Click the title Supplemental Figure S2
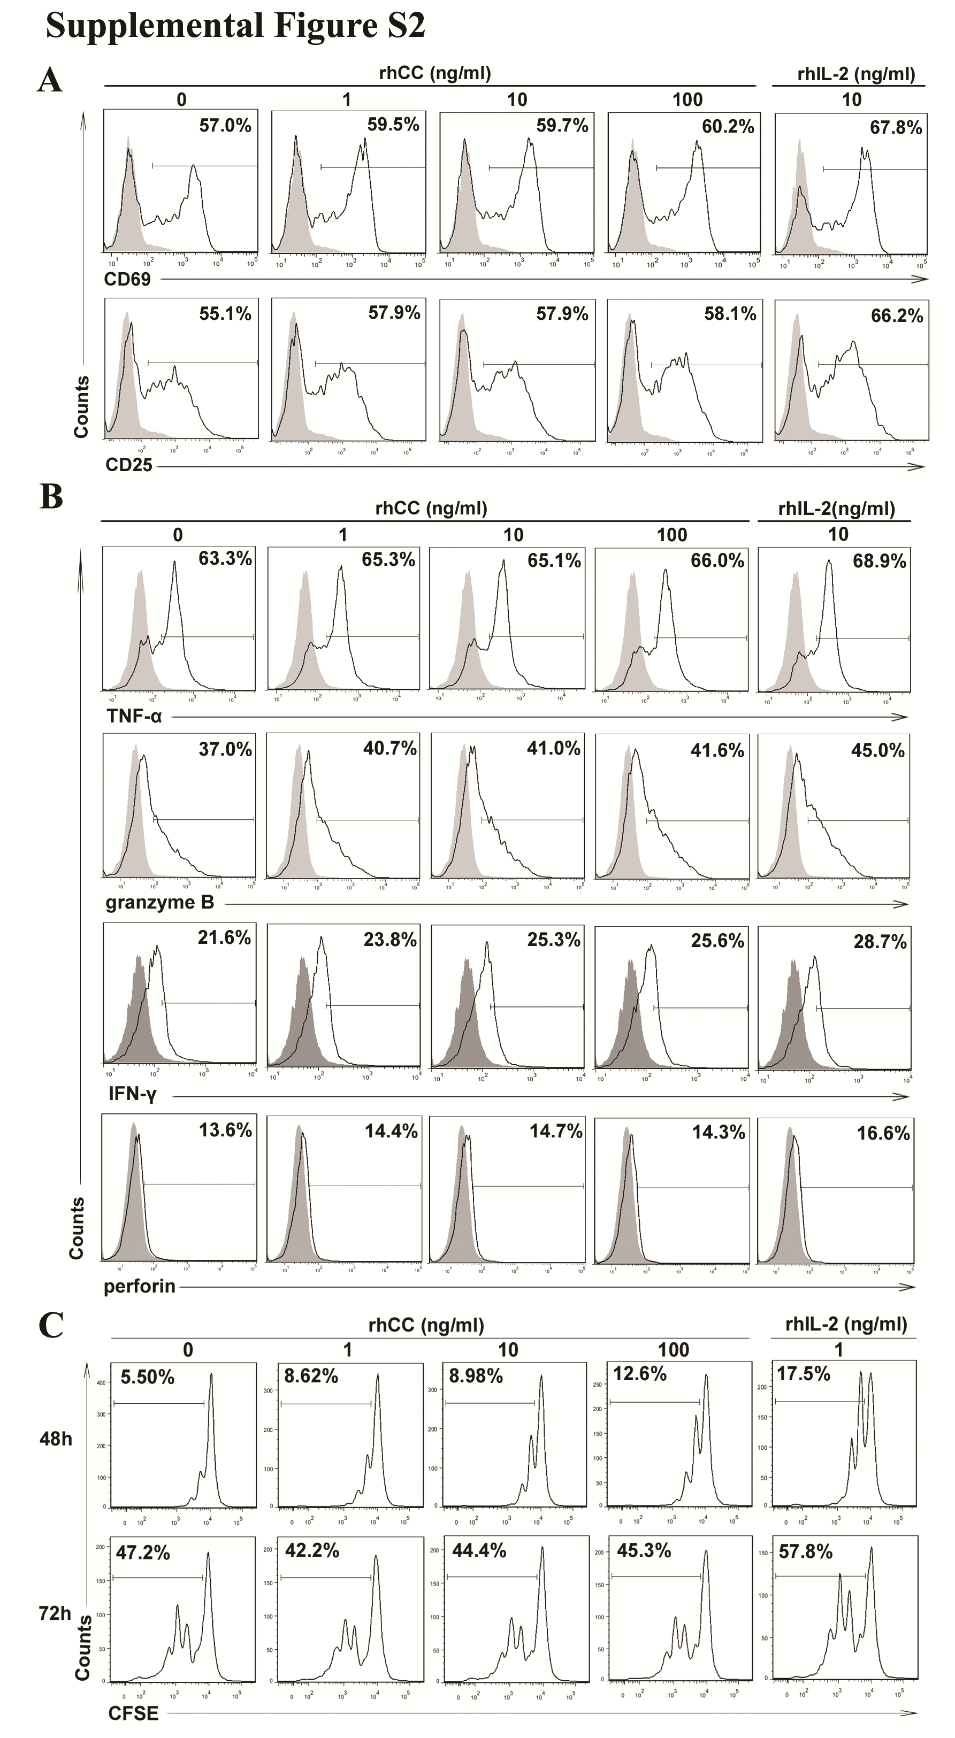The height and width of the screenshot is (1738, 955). click(235, 27)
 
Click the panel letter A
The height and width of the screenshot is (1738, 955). click(50, 82)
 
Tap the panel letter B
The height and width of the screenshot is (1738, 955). click(51, 498)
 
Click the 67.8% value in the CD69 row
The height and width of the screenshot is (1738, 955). click(896, 127)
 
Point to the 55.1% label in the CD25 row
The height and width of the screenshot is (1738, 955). click(225, 314)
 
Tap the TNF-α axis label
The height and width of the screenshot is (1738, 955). click(134, 716)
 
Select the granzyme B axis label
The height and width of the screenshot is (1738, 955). click(160, 903)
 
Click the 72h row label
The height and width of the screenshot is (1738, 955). click(55, 1613)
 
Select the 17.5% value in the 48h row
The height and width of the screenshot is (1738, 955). click(803, 1375)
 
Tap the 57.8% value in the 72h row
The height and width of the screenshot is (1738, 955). click(805, 1552)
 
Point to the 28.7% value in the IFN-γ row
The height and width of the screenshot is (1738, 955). click(880, 942)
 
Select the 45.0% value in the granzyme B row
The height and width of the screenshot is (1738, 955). click(877, 750)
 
